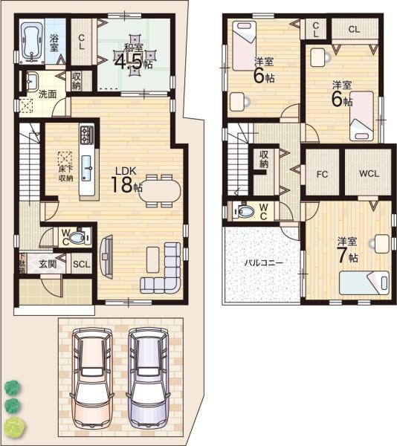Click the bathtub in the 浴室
32,41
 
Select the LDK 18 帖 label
126,180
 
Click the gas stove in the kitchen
87,135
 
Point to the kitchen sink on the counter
86,168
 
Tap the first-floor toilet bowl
77,238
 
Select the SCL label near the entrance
81,264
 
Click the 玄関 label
48,264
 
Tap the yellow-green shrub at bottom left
14,427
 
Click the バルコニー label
264,262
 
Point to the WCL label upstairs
369,173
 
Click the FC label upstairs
322,174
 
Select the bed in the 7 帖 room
364,282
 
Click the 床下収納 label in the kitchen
66,173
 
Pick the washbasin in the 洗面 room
32,80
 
